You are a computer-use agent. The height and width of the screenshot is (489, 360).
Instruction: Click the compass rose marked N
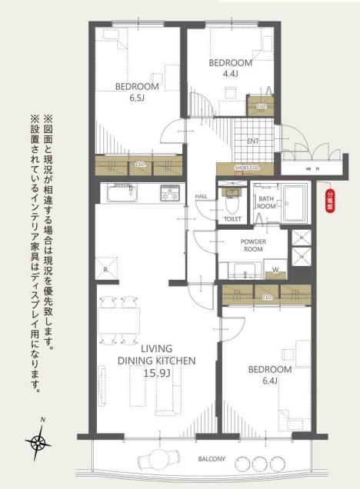click(38, 441)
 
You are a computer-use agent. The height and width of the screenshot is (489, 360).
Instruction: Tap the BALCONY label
click(210, 459)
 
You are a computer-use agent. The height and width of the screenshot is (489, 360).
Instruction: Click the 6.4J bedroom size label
click(269, 381)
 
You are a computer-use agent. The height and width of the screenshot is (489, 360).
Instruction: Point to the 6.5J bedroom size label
click(137, 98)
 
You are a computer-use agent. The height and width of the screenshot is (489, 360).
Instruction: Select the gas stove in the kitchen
click(169, 193)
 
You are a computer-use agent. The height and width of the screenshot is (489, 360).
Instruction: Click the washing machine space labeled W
click(275, 268)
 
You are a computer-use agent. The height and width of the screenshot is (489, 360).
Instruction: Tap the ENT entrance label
click(252, 141)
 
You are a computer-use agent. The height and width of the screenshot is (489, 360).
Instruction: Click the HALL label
click(201, 197)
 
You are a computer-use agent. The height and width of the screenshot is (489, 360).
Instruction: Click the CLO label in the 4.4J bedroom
click(261, 106)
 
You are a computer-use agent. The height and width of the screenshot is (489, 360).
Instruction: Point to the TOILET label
click(232, 219)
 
